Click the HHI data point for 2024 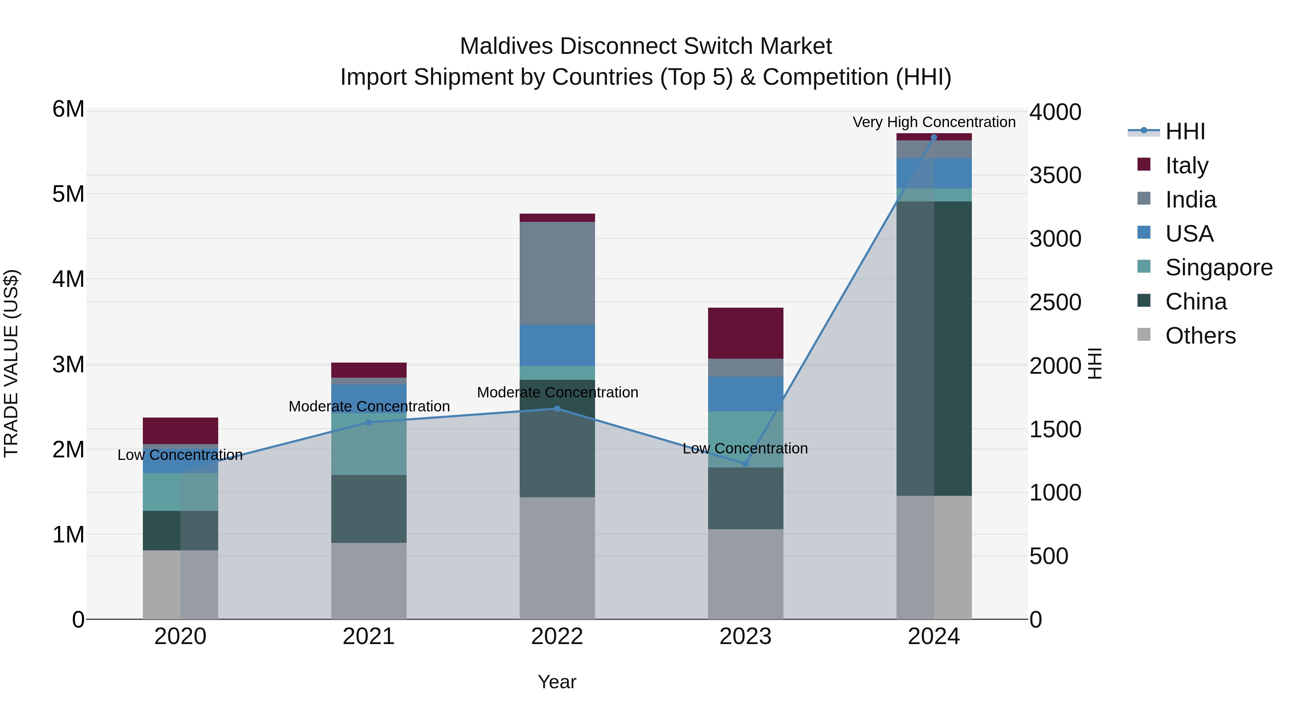933,138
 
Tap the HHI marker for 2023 745,463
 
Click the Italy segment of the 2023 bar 745,333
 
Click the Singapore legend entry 1218,267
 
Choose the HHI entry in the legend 1185,131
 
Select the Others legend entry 1200,336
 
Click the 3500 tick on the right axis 1055,175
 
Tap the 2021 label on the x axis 369,637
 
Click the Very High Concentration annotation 933,122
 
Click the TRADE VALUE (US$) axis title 11,363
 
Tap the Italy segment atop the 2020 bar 180,430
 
